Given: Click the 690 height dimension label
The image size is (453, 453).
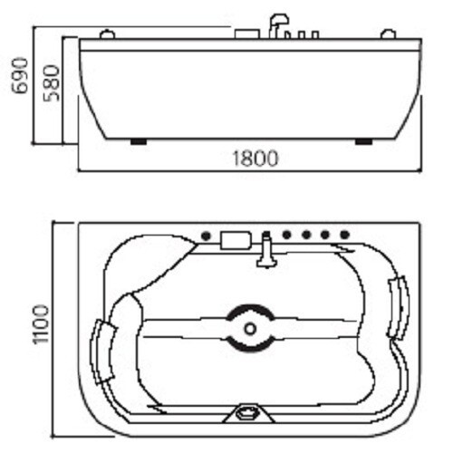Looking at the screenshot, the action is click(20, 75).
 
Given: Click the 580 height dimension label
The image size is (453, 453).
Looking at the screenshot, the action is click(52, 83).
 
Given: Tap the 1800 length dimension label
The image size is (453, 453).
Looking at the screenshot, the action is click(255, 159).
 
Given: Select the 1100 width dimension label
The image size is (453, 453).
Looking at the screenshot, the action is click(41, 324).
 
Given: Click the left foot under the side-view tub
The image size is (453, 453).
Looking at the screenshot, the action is click(139, 141).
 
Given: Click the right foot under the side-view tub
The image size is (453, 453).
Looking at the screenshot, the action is click(364, 141).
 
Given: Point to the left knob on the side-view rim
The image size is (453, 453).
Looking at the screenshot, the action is click(107, 34).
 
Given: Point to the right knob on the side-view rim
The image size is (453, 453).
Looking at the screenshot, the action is click(389, 34).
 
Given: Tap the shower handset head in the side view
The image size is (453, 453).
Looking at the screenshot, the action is click(279, 19).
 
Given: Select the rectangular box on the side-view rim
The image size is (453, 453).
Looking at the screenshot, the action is click(247, 34).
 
